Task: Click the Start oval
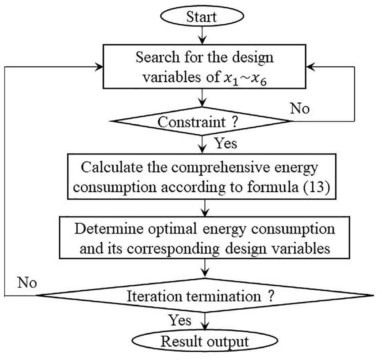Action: pos(202,16)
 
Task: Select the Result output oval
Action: pos(205,341)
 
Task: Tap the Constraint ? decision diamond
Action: pos(202,121)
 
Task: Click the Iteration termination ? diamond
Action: pos(205,295)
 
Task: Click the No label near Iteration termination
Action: pos(27,283)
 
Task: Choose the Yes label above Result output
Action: pos(180,320)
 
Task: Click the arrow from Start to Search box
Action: pos(202,35)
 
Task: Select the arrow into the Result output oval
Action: pos(205,322)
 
